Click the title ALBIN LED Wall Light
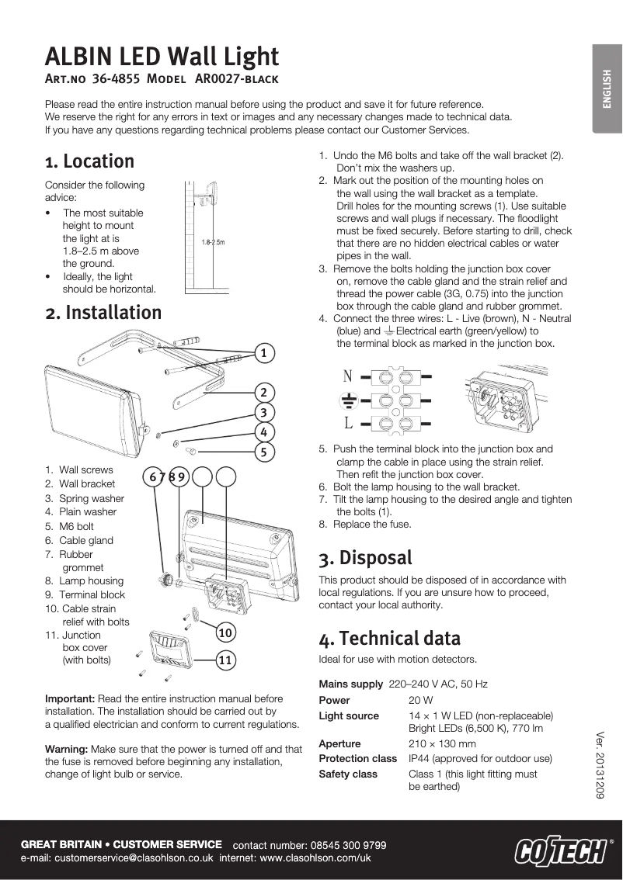click(162, 56)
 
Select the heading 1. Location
click(89, 161)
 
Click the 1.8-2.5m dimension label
click(212, 242)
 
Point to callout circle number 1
click(264, 353)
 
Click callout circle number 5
click(264, 451)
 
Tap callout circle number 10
click(225, 632)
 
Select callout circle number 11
click(225, 660)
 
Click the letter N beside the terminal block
click(348, 377)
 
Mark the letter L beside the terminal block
click(348, 424)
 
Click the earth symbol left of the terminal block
click(349, 401)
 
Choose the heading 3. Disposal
click(365, 558)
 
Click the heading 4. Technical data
click(389, 639)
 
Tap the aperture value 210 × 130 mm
click(442, 743)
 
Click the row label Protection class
click(357, 758)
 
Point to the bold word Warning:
click(67, 750)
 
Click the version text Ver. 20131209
click(600, 766)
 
